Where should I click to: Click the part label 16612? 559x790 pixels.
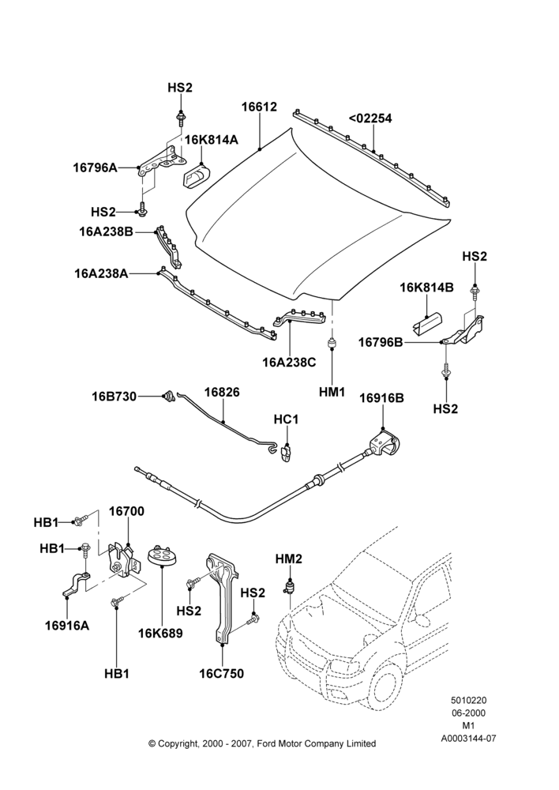(x=259, y=107)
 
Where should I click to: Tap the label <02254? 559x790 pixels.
(x=370, y=118)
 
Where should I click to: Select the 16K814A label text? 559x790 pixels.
(x=212, y=140)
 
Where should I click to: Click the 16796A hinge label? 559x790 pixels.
(x=96, y=167)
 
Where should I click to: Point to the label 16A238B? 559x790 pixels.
(x=106, y=231)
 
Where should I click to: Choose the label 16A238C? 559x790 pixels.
(x=289, y=362)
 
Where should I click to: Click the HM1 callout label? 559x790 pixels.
(x=332, y=392)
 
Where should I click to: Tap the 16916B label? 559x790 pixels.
(x=381, y=398)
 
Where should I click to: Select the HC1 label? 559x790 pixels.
(x=286, y=419)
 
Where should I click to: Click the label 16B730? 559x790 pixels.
(x=114, y=397)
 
